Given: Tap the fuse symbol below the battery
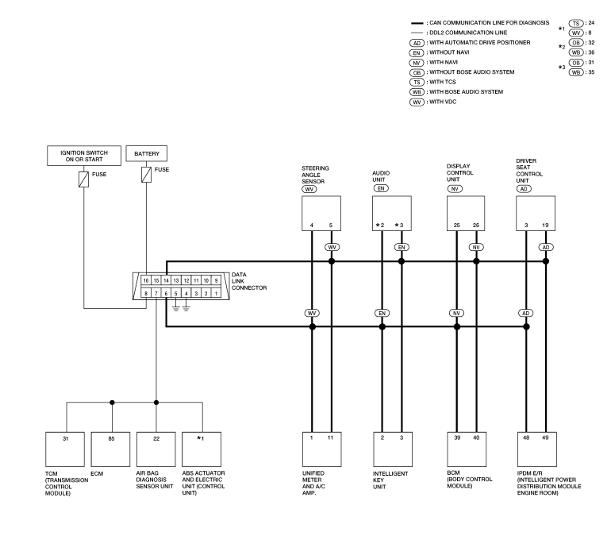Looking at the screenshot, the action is (146, 175).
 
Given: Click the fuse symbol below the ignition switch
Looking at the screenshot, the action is (84, 179).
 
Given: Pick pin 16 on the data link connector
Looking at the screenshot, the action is (146, 280).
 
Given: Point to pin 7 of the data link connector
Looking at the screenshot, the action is (156, 293).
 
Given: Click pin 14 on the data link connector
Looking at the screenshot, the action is (166, 280).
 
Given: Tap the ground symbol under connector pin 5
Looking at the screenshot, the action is (175, 309).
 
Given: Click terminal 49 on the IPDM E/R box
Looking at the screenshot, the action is (545, 438).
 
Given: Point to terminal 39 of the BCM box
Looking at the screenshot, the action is (457, 438).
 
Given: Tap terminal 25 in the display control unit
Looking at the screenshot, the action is (457, 226).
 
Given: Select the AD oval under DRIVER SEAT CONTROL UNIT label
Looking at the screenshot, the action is (524, 189).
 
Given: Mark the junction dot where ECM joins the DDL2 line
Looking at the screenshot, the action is (112, 403).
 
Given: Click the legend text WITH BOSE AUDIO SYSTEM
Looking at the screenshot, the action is (466, 92).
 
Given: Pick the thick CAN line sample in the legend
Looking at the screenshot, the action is (417, 23).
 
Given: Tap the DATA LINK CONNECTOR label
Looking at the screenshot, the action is (249, 281).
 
